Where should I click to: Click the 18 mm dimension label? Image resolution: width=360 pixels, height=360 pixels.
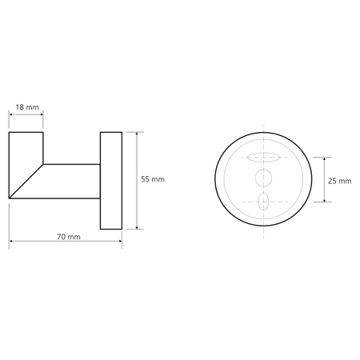click(27, 107)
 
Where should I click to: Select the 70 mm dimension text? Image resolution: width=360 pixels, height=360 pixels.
click(69, 237)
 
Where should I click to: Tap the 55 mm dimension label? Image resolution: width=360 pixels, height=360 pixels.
click(153, 179)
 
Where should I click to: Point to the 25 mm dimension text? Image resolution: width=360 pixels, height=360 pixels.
click(340, 181)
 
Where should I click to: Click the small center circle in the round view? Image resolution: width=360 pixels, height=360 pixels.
click(263, 178)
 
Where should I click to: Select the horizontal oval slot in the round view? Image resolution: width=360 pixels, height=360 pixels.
click(263, 158)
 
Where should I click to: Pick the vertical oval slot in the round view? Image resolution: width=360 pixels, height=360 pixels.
click(263, 202)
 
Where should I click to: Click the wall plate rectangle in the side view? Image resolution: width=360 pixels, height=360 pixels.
click(111, 181)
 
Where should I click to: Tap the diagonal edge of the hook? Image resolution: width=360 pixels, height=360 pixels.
click(26, 182)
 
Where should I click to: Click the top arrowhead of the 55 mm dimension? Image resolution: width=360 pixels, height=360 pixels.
click(137, 134)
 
